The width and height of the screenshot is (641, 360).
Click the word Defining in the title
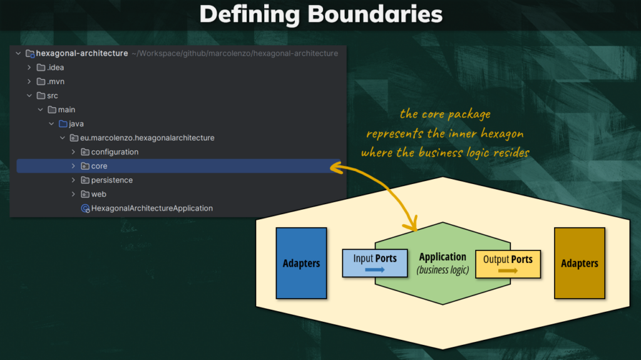pos(249,14)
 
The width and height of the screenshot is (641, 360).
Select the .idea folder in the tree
pos(55,68)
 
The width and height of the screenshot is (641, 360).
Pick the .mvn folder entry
pos(55,81)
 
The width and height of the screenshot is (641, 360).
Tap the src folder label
pos(52,96)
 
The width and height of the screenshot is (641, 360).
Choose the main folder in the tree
pos(66,110)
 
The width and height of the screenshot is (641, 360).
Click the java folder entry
pos(76,124)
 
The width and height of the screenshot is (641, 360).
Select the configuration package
pos(115,152)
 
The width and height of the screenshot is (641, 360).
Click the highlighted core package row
pos(99,166)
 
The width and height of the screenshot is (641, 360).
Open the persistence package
pos(111,180)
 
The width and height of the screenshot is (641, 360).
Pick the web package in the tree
pos(98,194)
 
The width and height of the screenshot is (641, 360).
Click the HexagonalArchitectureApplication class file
pos(151,208)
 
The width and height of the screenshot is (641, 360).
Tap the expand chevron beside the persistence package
pos(73,180)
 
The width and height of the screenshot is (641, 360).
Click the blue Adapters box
pos(301,263)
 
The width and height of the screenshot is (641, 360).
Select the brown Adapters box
pos(580,263)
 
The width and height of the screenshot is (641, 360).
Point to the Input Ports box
pos(374,263)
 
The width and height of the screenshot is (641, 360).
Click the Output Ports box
pos(508,264)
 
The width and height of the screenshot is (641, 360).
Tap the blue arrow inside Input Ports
pos(374,270)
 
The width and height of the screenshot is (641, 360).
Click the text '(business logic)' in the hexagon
pos(443,270)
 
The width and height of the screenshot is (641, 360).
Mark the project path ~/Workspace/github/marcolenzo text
pos(235,53)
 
